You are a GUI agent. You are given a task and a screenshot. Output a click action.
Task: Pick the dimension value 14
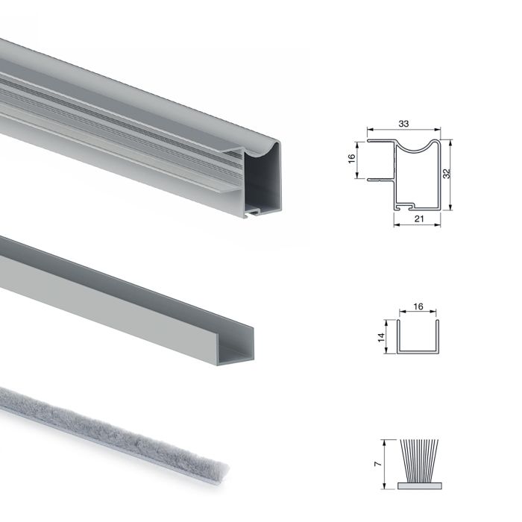click(380, 337)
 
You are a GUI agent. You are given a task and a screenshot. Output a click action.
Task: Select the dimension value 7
click(380, 463)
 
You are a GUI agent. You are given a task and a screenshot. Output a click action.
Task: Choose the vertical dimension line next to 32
click(453, 173)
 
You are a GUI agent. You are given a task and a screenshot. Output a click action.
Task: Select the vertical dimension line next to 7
click(387, 463)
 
